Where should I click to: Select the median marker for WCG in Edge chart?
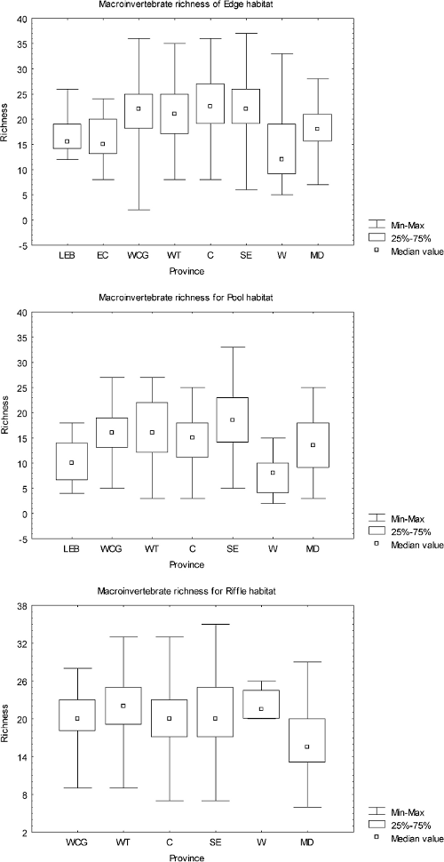click(x=138, y=109)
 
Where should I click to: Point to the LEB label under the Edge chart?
click(x=67, y=256)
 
